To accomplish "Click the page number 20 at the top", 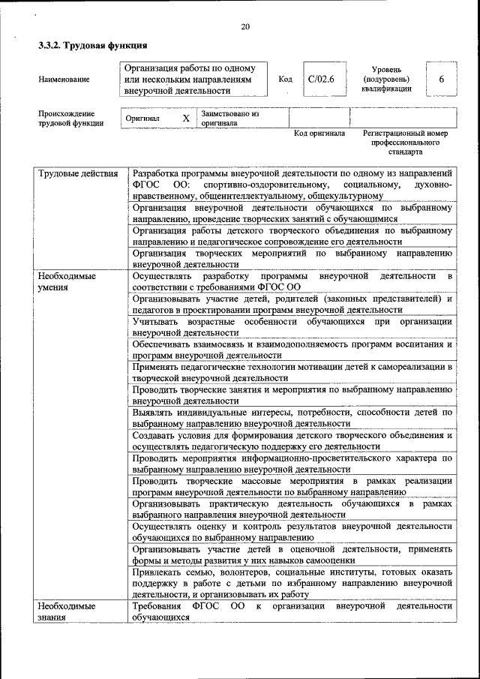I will coord(244,28).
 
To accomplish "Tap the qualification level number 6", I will coord(442,79).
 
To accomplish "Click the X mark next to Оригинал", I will coord(186,119).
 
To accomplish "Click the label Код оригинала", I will coord(319,134).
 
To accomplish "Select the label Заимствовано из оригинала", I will coord(229,118).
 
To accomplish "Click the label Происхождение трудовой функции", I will coord(71,119).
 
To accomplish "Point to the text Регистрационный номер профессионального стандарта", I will coord(405,142).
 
